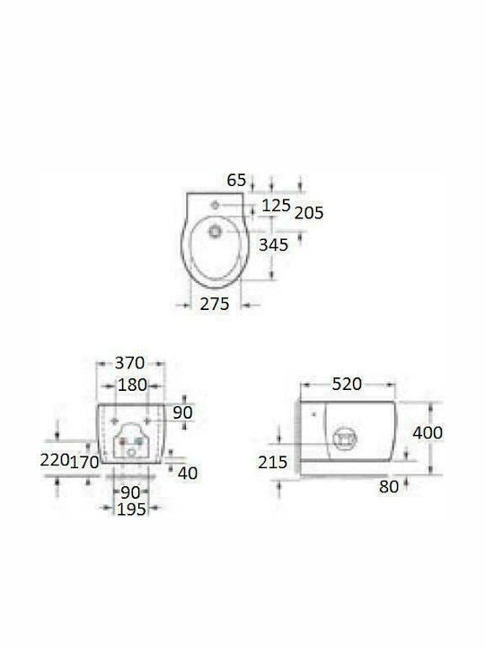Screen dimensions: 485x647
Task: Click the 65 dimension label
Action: (x=236, y=180)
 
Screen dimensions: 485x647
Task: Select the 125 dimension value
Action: (x=277, y=205)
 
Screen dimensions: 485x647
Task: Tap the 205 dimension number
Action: (x=309, y=212)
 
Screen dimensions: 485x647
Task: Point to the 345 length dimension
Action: (x=273, y=244)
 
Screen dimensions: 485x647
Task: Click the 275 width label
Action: (x=215, y=304)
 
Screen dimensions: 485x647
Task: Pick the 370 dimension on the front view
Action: (x=129, y=363)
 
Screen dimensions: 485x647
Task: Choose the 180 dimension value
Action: (x=132, y=385)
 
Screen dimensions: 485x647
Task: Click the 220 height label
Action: (x=55, y=460)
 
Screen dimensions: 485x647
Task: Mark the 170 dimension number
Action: (x=84, y=462)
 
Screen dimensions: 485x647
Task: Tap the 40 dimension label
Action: (x=188, y=474)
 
